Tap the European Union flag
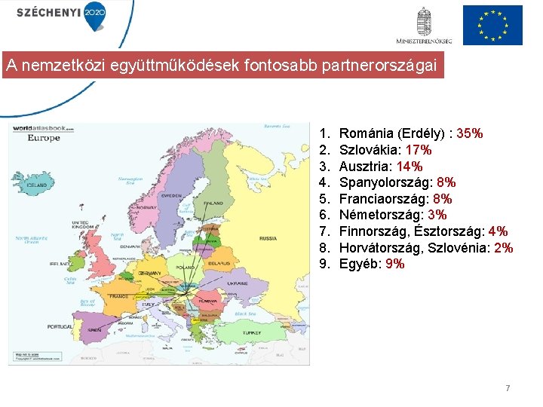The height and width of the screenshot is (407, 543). point(492,25)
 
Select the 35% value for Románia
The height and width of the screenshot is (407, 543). point(469,133)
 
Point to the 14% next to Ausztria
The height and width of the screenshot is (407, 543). point(410,167)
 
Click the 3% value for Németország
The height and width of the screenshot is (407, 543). point(437,215)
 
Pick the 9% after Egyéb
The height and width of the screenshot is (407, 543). point(394,264)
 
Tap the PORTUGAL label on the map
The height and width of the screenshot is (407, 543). point(60,326)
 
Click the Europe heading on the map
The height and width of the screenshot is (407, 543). point(44,139)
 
